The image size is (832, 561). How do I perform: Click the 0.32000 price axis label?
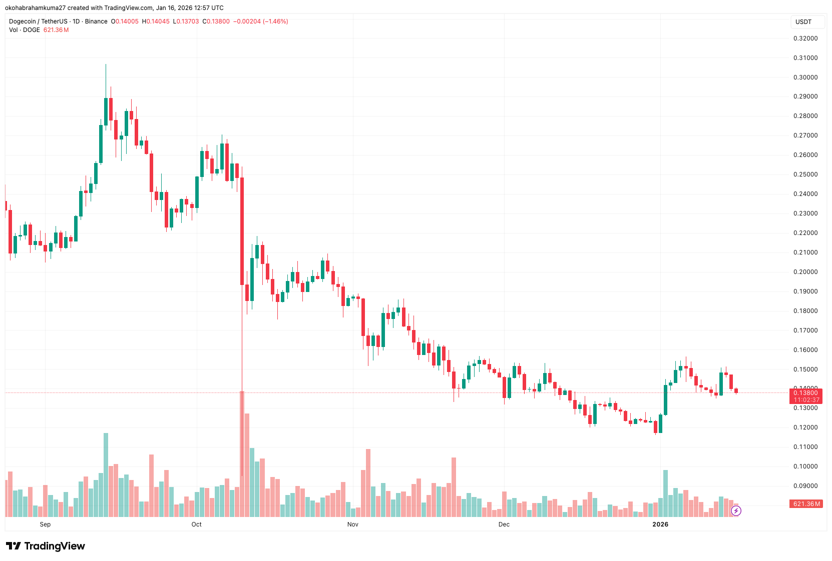point(805,38)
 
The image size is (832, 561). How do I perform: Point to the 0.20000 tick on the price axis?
point(805,272)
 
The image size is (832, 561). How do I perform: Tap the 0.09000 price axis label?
point(805,486)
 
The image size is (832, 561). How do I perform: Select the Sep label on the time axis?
point(45,524)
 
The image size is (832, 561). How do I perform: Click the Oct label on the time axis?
point(196,524)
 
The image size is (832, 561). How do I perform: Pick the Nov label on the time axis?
point(353,524)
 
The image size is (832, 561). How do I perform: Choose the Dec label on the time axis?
point(504,524)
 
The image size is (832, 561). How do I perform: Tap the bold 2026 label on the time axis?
point(660,524)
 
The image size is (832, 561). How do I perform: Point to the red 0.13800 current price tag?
point(805,393)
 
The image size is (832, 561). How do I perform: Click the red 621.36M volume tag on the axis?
point(806,504)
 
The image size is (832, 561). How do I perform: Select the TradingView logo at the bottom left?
point(46,546)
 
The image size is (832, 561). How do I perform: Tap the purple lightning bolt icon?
point(736,510)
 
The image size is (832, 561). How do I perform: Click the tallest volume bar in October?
point(242,453)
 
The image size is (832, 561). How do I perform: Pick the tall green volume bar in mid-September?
point(106,474)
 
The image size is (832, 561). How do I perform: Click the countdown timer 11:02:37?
point(806,400)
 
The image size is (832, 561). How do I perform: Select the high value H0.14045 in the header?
point(156,21)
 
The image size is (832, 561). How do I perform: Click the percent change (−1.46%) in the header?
point(275,21)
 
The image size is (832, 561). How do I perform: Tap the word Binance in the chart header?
point(96,21)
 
